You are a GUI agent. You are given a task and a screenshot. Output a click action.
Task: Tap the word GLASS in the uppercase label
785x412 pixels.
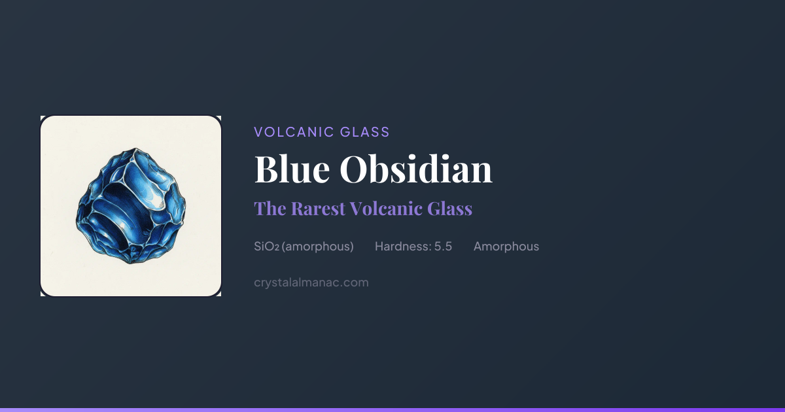(x=365, y=132)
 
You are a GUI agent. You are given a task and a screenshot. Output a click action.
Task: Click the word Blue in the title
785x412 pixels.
(x=292, y=169)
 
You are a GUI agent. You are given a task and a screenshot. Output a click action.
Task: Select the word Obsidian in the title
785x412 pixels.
(x=416, y=169)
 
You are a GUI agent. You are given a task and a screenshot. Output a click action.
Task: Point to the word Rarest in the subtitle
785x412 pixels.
(x=318, y=209)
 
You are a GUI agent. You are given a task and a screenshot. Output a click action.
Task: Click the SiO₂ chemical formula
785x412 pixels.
(x=266, y=247)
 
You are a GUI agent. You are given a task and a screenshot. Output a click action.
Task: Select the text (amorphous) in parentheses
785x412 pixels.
(x=317, y=247)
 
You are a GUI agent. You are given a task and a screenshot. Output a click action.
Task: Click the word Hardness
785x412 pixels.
(x=403, y=247)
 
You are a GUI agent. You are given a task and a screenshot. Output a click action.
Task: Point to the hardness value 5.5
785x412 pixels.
(x=444, y=247)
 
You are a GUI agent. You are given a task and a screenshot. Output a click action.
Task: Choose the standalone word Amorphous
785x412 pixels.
(x=506, y=247)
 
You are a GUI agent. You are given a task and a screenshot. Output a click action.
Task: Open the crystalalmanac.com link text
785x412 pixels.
(x=311, y=283)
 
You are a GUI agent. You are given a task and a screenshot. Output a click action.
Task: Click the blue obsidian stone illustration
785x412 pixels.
(x=131, y=206)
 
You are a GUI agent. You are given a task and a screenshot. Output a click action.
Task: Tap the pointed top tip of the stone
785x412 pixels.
(x=136, y=148)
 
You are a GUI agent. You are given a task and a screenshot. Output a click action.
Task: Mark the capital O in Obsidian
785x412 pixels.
(x=356, y=169)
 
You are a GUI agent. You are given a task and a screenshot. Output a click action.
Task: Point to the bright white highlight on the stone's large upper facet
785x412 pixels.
(x=154, y=198)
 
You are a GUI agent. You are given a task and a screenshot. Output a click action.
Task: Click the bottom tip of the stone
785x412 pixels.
(x=131, y=264)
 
